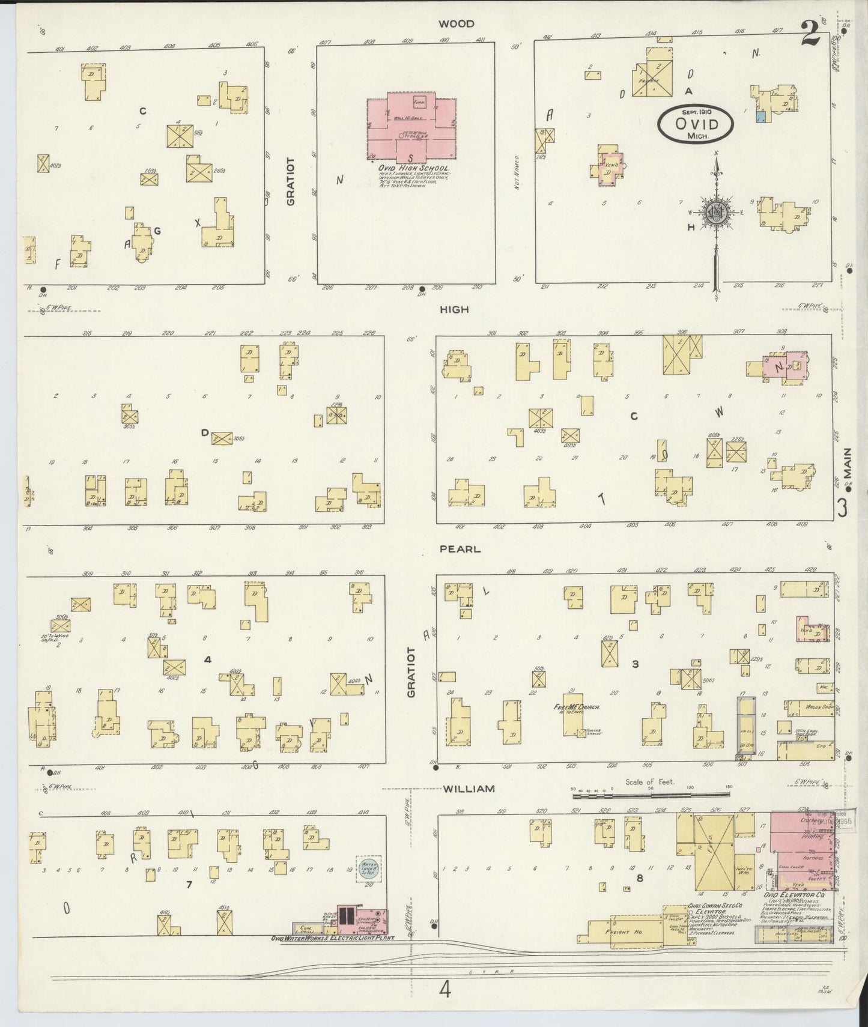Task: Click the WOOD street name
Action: tap(456, 24)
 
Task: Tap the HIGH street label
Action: tap(454, 310)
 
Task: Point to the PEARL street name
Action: tap(460, 549)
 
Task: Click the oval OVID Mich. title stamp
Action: tap(696, 124)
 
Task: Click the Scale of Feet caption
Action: tap(649, 782)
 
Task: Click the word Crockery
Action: tap(810, 820)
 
